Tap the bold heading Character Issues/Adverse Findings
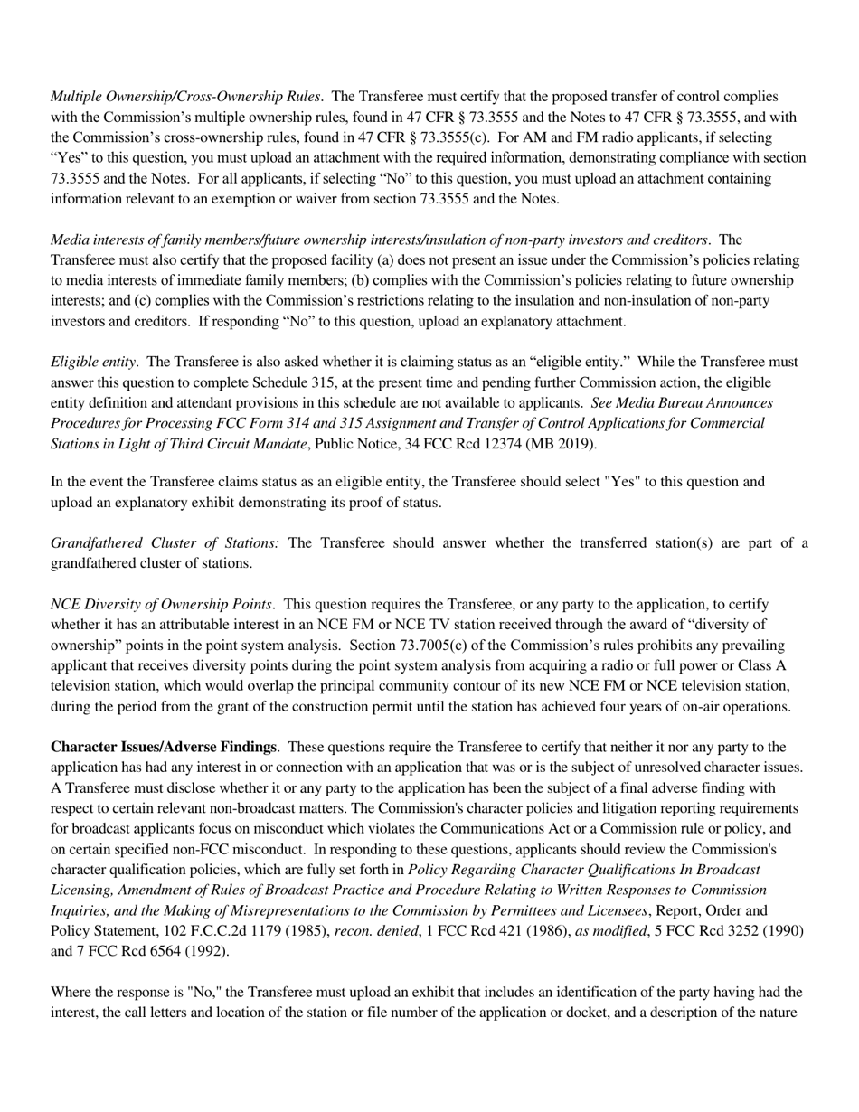coord(163,747)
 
